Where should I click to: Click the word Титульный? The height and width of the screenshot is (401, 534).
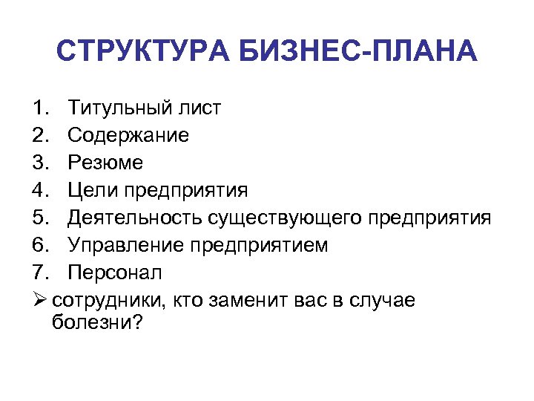(x=119, y=108)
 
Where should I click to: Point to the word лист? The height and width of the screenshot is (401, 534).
(x=199, y=108)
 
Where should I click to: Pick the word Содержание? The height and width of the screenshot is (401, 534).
(x=128, y=136)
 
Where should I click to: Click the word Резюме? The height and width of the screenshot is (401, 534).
(x=106, y=163)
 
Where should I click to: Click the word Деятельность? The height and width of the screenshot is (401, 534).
(x=134, y=218)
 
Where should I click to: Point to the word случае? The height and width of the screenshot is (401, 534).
(x=381, y=300)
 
